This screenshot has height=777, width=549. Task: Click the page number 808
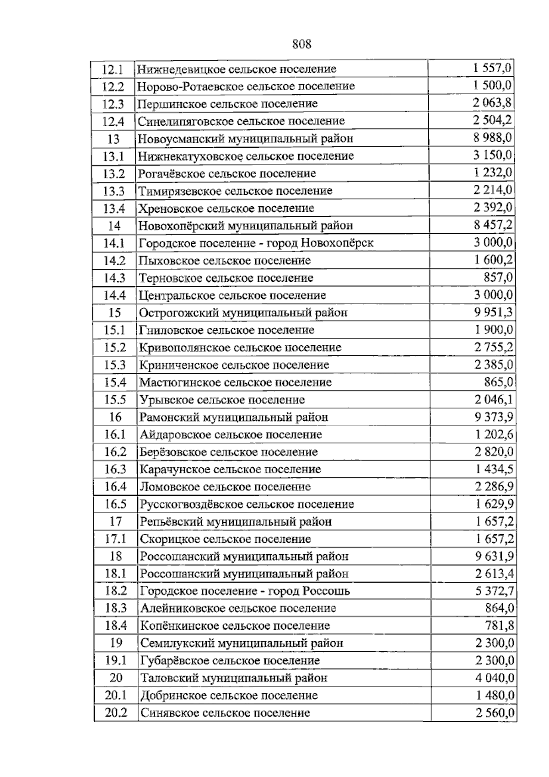coord(301,44)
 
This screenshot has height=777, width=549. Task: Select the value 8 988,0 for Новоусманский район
coord(493,138)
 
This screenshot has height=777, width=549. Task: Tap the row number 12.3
coord(113,104)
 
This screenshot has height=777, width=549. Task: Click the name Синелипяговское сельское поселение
coord(241,121)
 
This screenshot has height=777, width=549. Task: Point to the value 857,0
coord(498,278)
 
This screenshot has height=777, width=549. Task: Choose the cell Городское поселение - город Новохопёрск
coord(256,243)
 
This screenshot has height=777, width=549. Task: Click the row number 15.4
coord(115,382)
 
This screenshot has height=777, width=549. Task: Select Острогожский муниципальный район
coord(243,313)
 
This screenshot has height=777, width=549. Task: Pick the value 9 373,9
coord(494,417)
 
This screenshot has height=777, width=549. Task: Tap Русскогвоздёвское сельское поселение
coord(247,504)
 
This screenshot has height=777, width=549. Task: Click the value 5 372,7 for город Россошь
coord(494,591)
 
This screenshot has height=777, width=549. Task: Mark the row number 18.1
coord(115,573)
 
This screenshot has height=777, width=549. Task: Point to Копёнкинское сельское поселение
coord(235,626)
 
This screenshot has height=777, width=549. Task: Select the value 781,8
coord(499,626)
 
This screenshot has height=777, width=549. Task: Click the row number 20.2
coord(116,713)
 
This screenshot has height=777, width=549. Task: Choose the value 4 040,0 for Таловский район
coord(494,678)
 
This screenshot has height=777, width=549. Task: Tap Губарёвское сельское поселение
coord(230,660)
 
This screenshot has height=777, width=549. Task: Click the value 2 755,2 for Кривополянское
coord(494,348)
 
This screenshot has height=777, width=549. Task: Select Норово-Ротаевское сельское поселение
coord(246,86)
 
